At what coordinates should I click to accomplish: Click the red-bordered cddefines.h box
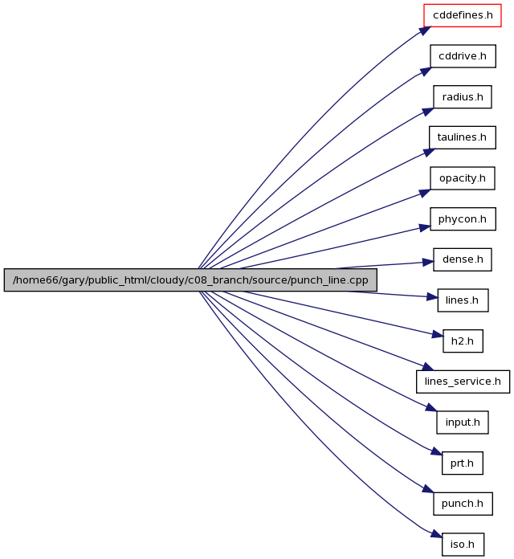(x=463, y=15)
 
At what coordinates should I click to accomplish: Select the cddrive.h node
(x=463, y=56)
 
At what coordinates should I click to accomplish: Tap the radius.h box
(x=463, y=96)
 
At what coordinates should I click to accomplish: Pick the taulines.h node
(x=463, y=137)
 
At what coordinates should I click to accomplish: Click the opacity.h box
(x=463, y=177)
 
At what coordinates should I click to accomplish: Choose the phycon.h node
(x=463, y=218)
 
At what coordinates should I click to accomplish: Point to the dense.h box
(x=463, y=259)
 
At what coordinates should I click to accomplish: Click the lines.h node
(x=463, y=300)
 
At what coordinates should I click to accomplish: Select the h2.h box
(x=463, y=341)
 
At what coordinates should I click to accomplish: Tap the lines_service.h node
(x=463, y=382)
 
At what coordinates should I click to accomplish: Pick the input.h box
(x=463, y=422)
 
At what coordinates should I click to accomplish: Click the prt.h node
(x=463, y=463)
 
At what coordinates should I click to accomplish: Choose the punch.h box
(x=463, y=504)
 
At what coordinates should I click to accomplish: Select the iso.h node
(x=463, y=544)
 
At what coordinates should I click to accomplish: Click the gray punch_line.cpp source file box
(x=190, y=279)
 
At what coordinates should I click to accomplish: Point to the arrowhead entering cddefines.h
(x=425, y=31)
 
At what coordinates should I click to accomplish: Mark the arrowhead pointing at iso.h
(x=436, y=533)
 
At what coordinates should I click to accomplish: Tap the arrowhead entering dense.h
(x=428, y=263)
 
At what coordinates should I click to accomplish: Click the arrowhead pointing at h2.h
(x=438, y=335)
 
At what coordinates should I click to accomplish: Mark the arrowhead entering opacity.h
(x=425, y=193)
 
